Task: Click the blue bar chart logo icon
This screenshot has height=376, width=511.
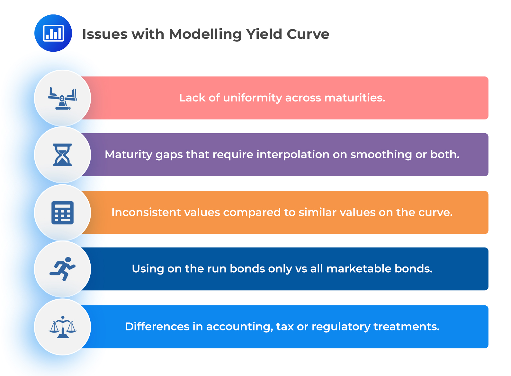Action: (53, 33)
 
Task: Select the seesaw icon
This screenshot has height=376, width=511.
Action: (63, 98)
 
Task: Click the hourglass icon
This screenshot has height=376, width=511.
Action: (63, 155)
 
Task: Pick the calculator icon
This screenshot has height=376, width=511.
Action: (63, 213)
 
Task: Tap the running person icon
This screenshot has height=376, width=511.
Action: (63, 269)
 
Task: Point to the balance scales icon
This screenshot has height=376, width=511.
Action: (63, 327)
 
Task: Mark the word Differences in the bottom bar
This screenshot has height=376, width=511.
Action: (157, 327)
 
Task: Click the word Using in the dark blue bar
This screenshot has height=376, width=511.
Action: (148, 269)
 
